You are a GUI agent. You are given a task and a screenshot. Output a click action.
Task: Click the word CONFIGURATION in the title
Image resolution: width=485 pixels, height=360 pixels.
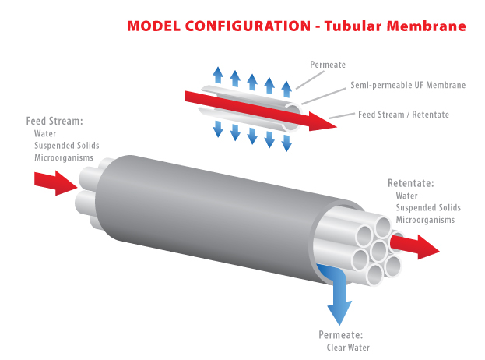pos(248,26)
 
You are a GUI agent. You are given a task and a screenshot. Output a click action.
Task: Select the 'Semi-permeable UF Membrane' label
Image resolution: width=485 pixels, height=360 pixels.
pos(408,85)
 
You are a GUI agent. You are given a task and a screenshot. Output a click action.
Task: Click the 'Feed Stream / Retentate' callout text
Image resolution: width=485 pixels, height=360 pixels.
pos(403,115)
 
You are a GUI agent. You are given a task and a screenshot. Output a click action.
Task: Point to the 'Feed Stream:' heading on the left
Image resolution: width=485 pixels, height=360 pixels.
pos(54,121)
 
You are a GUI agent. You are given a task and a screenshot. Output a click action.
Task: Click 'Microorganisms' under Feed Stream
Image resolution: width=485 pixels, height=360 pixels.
pos(64,157)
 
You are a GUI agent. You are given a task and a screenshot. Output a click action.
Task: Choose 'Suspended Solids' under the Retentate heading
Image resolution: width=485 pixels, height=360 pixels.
pos(428,207)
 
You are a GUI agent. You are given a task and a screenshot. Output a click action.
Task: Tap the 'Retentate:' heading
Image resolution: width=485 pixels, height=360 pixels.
pos(411,183)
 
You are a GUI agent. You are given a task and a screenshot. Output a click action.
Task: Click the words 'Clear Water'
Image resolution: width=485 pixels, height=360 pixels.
pos(348,348)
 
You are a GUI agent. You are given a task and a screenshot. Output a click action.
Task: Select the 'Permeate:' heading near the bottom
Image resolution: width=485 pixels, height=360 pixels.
pos(340,335)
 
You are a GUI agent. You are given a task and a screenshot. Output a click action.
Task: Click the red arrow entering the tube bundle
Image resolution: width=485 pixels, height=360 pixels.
pos(56,183)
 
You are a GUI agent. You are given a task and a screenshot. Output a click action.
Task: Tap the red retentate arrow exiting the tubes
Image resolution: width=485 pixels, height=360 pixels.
pos(415,247)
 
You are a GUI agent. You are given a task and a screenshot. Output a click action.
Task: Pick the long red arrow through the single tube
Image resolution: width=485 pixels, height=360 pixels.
pos(261,111)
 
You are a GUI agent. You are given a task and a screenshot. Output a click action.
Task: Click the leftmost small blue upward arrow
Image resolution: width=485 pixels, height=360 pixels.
pos(218,75)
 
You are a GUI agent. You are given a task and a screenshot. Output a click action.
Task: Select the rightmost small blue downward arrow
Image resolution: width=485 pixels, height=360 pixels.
pos(286,143)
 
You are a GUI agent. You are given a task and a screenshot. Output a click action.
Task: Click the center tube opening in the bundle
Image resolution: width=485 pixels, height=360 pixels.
pos(378,251)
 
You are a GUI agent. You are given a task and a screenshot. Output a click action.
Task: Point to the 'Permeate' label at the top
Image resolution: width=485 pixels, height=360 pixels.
pos(328,65)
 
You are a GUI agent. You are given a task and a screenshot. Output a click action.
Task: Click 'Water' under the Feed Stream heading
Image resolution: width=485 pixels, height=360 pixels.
pos(45,133)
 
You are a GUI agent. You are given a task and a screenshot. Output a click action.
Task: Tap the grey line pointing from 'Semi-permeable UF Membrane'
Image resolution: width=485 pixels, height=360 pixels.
pos(324,96)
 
